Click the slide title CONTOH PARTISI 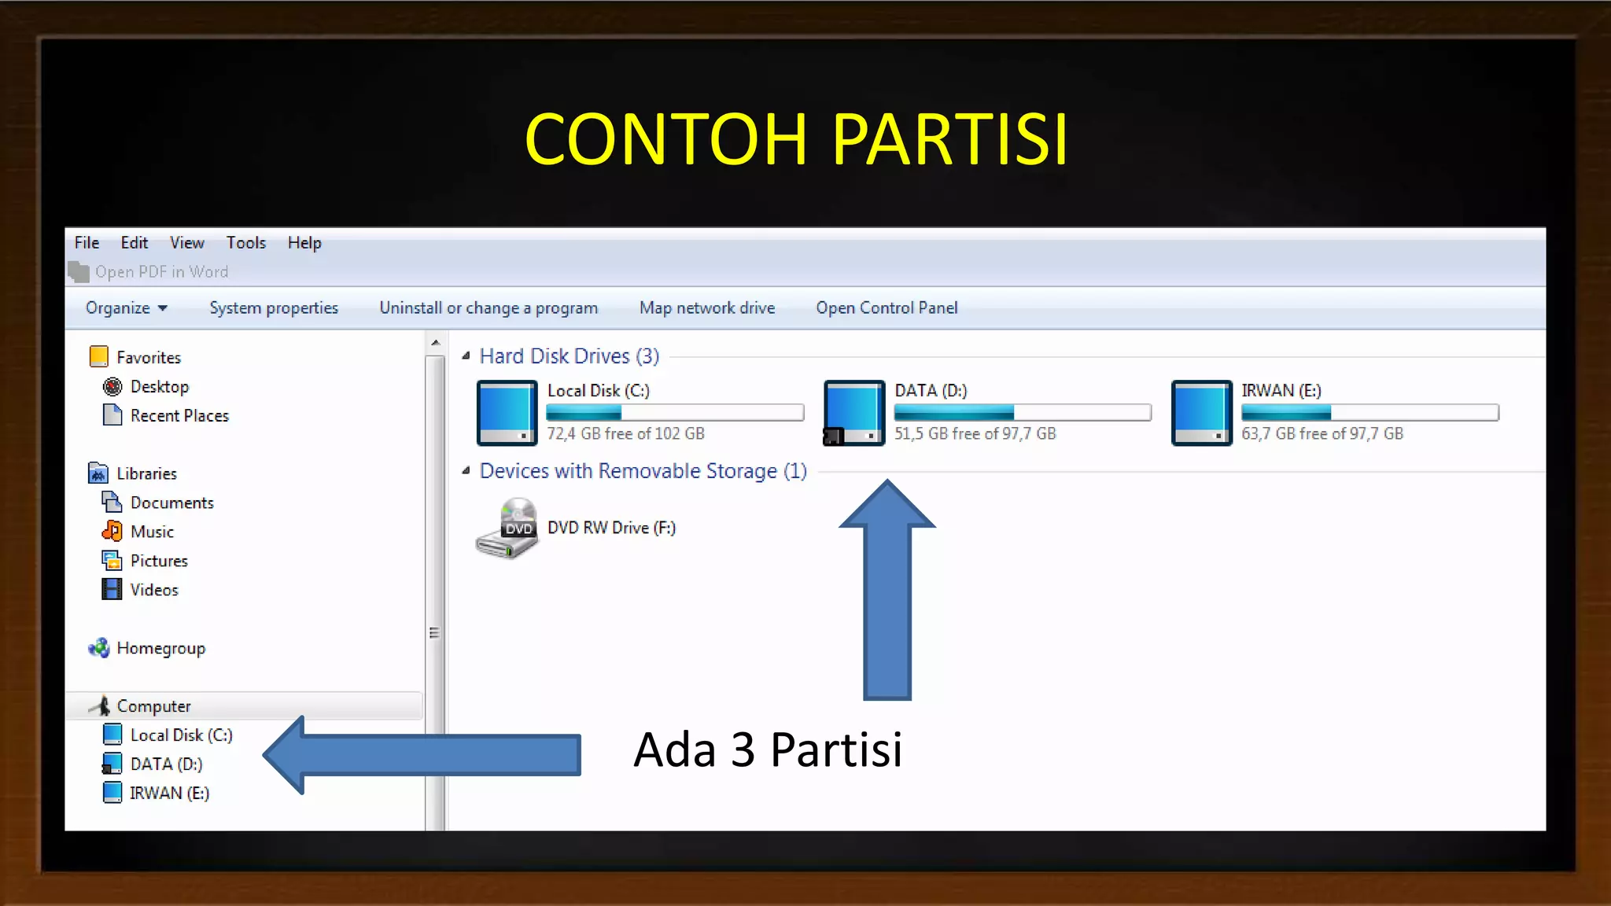[x=796, y=139]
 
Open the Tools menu [x=245, y=243]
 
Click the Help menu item [x=304, y=243]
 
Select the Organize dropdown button [x=126, y=308]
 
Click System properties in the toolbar [x=274, y=308]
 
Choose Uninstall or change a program [x=488, y=308]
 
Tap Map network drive [x=707, y=308]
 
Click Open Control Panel [x=887, y=308]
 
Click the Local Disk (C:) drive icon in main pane [x=507, y=413]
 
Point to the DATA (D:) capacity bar [x=1023, y=413]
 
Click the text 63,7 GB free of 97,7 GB [x=1322, y=434]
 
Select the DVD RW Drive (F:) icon [x=507, y=528]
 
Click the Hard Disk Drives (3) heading [x=570, y=356]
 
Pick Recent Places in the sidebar [x=179, y=416]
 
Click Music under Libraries [x=152, y=532]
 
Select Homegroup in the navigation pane [x=160, y=649]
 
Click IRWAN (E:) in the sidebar [x=169, y=794]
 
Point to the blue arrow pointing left [x=425, y=755]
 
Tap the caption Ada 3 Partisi [x=768, y=749]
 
